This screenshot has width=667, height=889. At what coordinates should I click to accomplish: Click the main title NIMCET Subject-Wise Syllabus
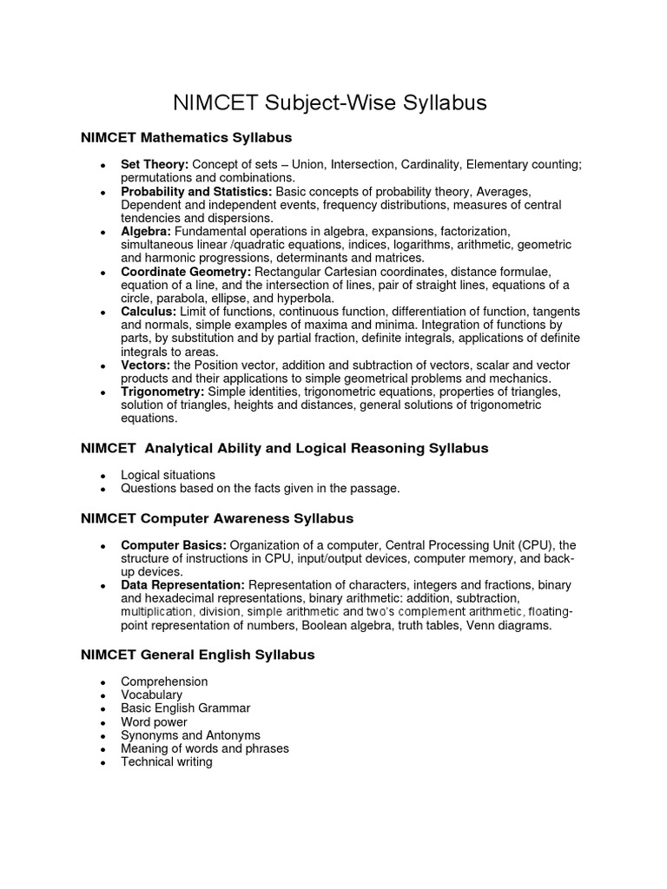pyautogui.click(x=330, y=103)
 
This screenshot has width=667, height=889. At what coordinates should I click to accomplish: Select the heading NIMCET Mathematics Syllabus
pyautogui.click(x=186, y=138)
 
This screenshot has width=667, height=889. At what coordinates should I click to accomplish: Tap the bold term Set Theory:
pyautogui.click(x=155, y=164)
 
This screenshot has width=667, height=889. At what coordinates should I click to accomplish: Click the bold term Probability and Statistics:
pyautogui.click(x=196, y=191)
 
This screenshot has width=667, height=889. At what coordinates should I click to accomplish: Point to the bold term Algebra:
pyautogui.click(x=147, y=231)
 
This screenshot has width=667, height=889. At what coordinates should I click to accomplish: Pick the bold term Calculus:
pyautogui.click(x=149, y=312)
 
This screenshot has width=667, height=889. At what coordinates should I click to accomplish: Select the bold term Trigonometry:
pyautogui.click(x=162, y=392)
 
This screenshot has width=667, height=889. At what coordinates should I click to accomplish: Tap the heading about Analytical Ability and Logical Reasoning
pyautogui.click(x=284, y=449)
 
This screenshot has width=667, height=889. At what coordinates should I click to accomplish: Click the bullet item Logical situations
pyautogui.click(x=168, y=475)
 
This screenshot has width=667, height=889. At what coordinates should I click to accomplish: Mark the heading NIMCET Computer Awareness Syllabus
pyautogui.click(x=216, y=518)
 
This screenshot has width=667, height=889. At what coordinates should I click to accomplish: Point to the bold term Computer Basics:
pyautogui.click(x=172, y=545)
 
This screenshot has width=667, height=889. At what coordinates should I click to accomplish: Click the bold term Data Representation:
pyautogui.click(x=182, y=585)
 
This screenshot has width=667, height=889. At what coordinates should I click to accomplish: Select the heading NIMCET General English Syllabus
pyautogui.click(x=197, y=655)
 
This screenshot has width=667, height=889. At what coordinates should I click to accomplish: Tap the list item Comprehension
pyautogui.click(x=164, y=682)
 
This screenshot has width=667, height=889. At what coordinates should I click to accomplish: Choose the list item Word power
pyautogui.click(x=154, y=721)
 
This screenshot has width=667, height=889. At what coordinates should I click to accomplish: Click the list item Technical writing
pyautogui.click(x=166, y=761)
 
